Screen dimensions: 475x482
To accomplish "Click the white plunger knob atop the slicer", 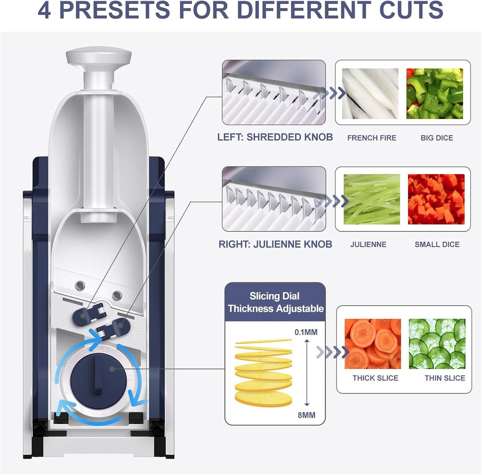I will [x=98, y=57].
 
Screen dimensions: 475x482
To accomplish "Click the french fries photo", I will [x=370, y=94].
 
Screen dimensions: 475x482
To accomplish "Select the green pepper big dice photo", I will [x=434, y=94].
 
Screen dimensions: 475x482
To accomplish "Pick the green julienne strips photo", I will [x=372, y=199].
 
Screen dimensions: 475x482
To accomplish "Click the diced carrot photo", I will [x=436, y=199].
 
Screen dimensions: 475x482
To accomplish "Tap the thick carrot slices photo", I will [x=372, y=344].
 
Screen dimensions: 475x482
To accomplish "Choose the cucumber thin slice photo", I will [x=437, y=344].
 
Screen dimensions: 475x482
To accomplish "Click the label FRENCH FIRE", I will [x=372, y=138].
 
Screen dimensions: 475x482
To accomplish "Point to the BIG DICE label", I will [x=437, y=138].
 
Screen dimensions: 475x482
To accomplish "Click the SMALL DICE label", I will [x=437, y=244].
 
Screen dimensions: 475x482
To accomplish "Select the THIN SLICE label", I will [x=444, y=378].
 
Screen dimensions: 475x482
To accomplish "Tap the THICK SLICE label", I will [x=375, y=378].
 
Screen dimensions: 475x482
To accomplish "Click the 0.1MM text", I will [x=305, y=332].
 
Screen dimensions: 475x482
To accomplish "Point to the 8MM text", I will [x=306, y=414].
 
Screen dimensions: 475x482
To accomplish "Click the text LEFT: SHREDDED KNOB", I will [x=275, y=137].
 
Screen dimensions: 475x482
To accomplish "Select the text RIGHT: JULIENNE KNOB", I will [x=275, y=244].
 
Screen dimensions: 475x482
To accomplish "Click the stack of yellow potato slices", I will [x=264, y=372].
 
